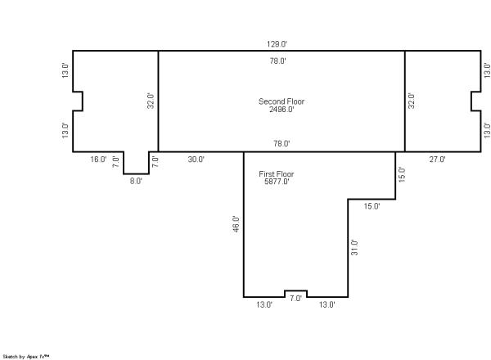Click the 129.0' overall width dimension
click(277, 44)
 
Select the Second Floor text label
click(282, 101)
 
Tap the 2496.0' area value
click(282, 110)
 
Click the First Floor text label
click(277, 174)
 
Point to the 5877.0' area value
click(277, 182)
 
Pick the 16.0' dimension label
click(98, 160)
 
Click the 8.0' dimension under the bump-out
click(136, 182)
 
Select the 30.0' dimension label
click(196, 160)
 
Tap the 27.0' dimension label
click(437, 160)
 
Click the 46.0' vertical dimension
click(236, 224)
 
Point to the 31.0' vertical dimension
click(354, 247)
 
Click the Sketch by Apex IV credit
click(26, 357)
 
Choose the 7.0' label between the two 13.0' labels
click(295, 299)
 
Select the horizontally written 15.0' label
click(372, 206)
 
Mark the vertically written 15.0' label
click(402, 174)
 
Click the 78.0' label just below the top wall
click(277, 61)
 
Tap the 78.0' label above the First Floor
click(282, 144)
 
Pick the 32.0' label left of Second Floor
click(151, 101)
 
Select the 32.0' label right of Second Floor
click(412, 101)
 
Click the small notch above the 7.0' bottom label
click(295, 290)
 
